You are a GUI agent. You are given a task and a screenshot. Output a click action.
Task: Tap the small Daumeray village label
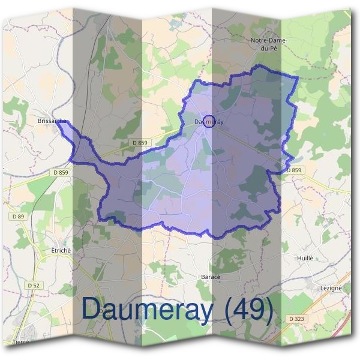pos(209,122)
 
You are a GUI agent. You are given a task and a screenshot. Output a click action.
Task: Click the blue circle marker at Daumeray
pos(209,121)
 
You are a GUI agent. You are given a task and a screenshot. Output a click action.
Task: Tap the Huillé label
pos(305,257)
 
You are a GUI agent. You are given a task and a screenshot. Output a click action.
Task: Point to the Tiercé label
pos(20,341)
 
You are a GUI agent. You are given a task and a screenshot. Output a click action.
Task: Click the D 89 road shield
pos(17,216)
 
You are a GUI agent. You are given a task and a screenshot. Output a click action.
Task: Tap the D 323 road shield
pos(296,318)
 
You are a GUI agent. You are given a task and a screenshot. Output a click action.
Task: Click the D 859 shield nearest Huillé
pos(293,170)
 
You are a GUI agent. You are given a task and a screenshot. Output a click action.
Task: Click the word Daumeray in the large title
pos(146,310)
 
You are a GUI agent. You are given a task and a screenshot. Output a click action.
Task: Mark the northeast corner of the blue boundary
pos(298,77)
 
